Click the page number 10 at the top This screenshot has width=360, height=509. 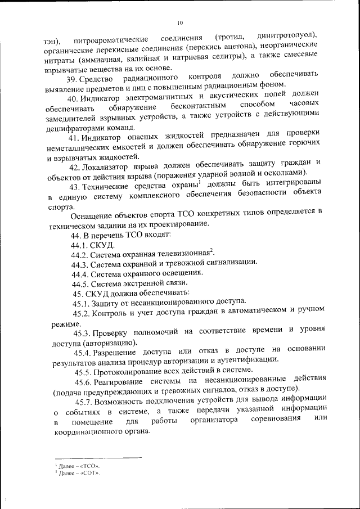180,22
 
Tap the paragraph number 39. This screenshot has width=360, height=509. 73,77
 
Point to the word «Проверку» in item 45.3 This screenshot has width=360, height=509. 111,332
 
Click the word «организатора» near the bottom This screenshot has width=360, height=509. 215,421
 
